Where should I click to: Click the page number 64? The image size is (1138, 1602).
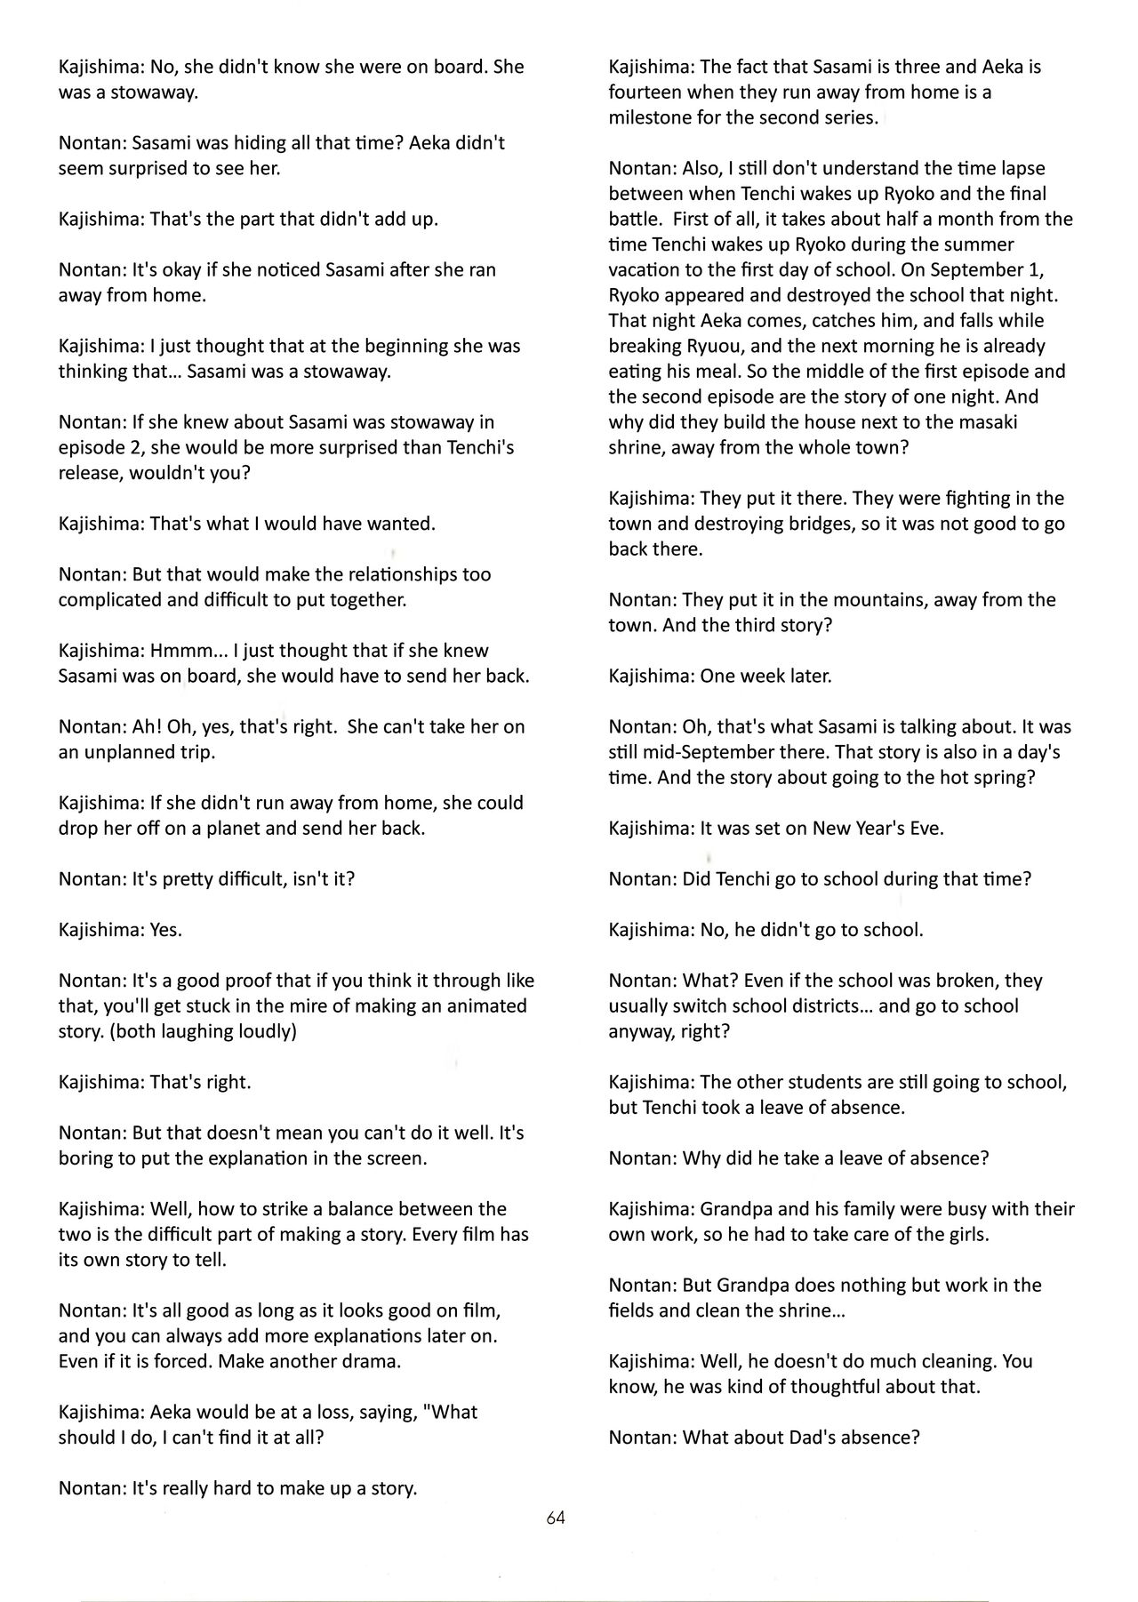pyautogui.click(x=556, y=1518)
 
